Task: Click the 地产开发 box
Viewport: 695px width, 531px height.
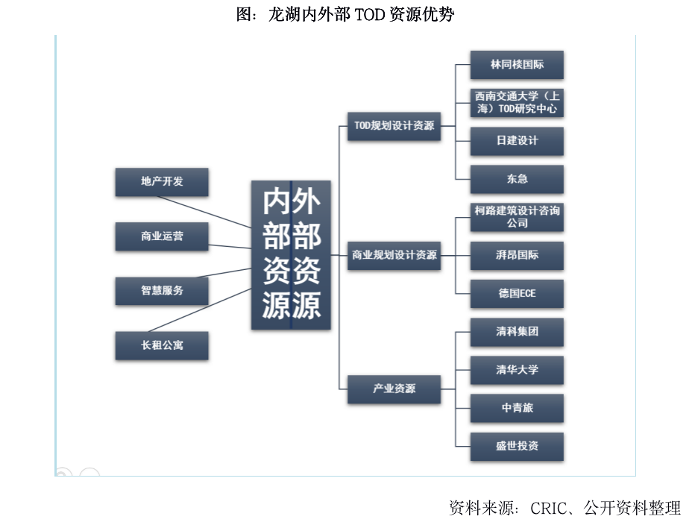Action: [x=162, y=182]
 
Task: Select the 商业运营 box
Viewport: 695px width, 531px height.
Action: [x=162, y=236]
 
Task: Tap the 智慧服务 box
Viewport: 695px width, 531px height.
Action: [x=162, y=291]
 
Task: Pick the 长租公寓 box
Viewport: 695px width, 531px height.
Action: [x=162, y=345]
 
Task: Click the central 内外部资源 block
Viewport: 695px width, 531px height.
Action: [x=291, y=255]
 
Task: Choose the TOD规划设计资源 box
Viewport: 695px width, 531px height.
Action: [x=394, y=126]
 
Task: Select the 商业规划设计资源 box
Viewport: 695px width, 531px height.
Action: [x=394, y=256]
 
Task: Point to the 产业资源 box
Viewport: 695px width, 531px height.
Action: [x=394, y=389]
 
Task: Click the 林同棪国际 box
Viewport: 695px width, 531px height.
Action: [x=517, y=65]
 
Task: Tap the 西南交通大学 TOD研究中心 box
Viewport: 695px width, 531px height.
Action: [x=517, y=103]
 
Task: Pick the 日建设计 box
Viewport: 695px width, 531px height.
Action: [x=517, y=141]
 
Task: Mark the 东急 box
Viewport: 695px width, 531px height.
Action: [x=517, y=179]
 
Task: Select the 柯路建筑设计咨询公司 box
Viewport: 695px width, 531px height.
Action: [x=517, y=217]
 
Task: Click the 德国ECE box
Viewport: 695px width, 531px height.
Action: [x=517, y=293]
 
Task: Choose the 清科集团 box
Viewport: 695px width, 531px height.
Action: [x=517, y=332]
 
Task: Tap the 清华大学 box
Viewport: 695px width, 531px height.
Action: [x=517, y=370]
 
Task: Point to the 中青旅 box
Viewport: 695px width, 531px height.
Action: [x=517, y=408]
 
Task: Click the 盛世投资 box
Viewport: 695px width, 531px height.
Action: [x=517, y=446]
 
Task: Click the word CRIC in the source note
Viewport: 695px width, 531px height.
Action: [x=549, y=509]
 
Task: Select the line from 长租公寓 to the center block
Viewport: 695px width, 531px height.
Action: [x=200, y=310]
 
